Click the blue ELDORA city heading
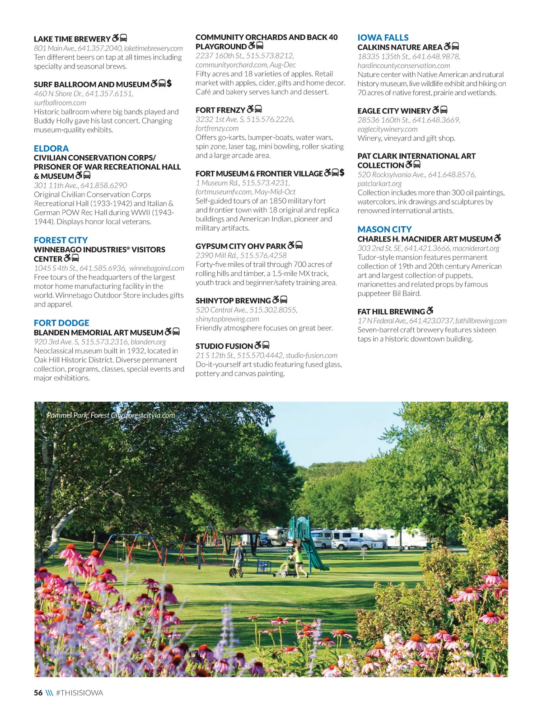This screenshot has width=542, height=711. pyautogui.click(x=51, y=149)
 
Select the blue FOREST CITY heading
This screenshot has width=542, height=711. pyautogui.click(x=61, y=240)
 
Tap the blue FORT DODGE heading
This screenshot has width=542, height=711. pyautogui.click(x=61, y=323)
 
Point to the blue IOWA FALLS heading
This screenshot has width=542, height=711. pyautogui.click(x=383, y=37)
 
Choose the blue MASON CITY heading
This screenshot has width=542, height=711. pyautogui.click(x=384, y=229)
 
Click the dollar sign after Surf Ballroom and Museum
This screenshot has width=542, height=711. pyautogui.click(x=169, y=84)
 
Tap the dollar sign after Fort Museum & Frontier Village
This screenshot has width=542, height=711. pyautogui.click(x=342, y=172)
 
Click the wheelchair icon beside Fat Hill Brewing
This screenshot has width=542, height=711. pyautogui.click(x=430, y=311)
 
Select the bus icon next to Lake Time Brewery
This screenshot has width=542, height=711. pyautogui.click(x=123, y=38)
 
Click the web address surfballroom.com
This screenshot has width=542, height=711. pyautogui.click(x=60, y=102)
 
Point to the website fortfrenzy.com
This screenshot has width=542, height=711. pyautogui.click(x=217, y=128)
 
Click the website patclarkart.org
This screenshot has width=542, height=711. pyautogui.click(x=379, y=183)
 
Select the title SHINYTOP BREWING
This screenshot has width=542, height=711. pyautogui.click(x=233, y=300)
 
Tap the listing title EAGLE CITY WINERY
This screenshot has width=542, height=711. pyautogui.click(x=394, y=111)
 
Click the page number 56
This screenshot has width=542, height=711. pyautogui.click(x=38, y=692)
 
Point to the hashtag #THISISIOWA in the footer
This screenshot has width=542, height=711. pyautogui.click(x=79, y=692)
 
